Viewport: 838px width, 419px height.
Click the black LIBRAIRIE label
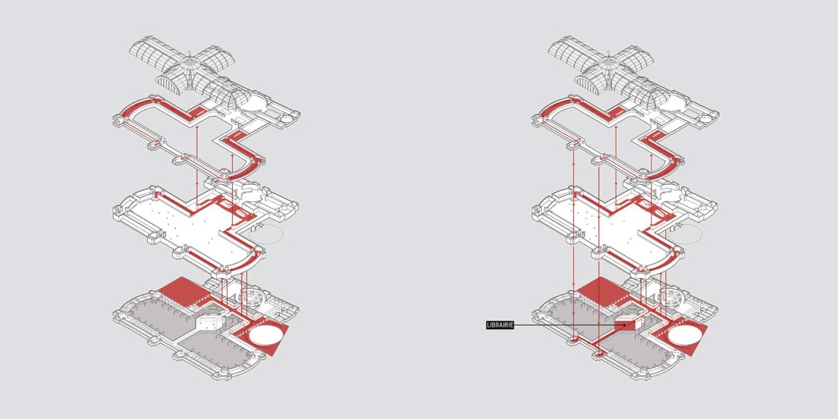click(x=500, y=325)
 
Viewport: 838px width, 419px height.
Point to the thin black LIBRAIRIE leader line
click(x=566, y=325)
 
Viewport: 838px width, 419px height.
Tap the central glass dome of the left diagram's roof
click(x=189, y=69)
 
